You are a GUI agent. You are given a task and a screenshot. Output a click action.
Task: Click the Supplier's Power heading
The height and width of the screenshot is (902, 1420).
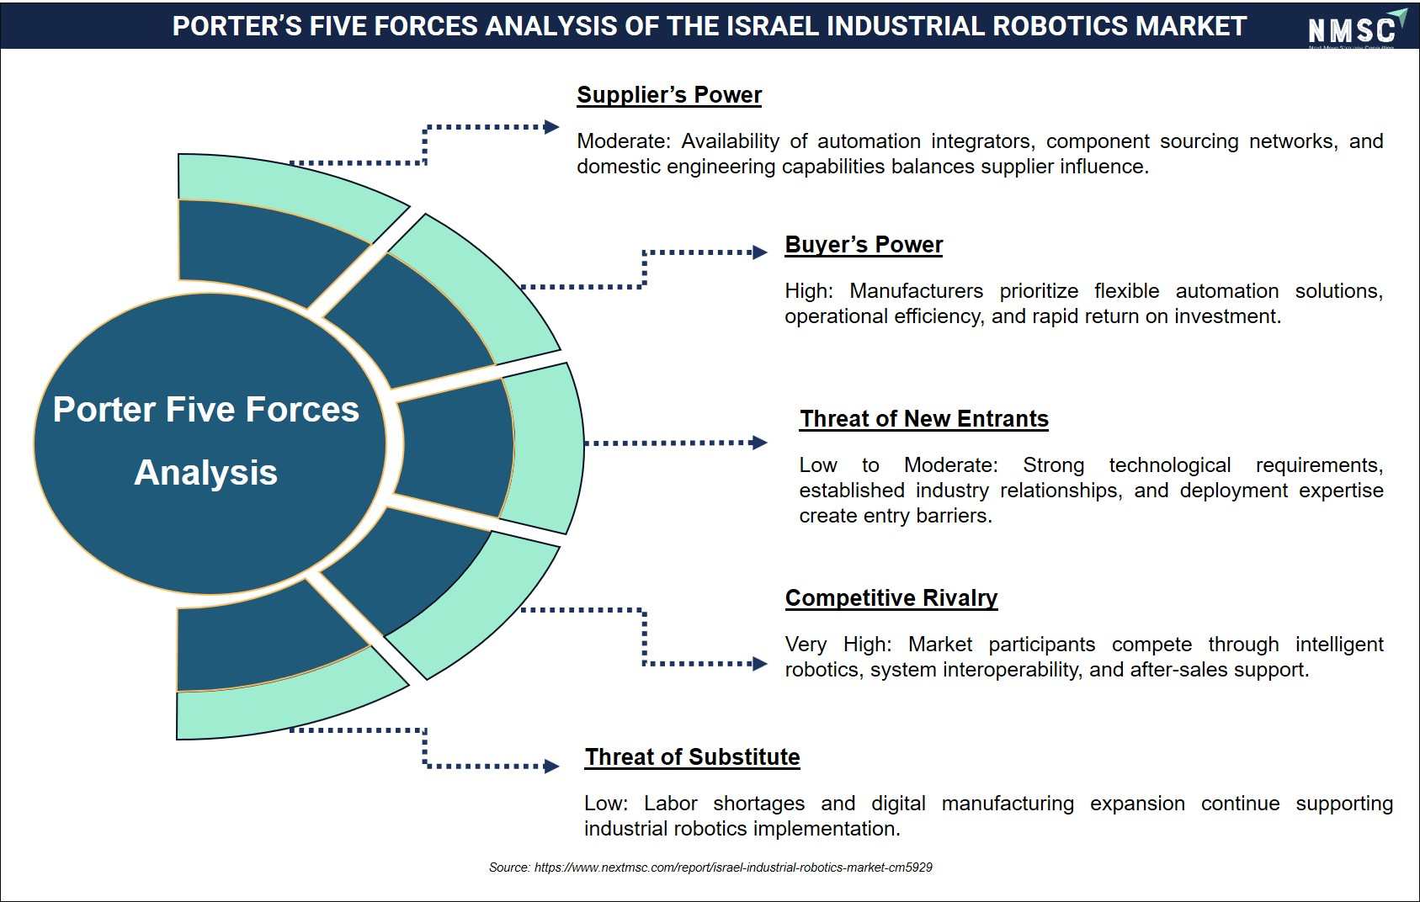click(x=669, y=95)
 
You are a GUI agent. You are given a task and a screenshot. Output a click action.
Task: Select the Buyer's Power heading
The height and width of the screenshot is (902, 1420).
click(x=864, y=245)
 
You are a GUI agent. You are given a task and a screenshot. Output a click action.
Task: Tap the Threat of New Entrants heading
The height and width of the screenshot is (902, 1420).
click(x=923, y=419)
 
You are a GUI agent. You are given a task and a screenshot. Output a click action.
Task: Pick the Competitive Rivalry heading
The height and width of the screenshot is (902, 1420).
click(x=891, y=597)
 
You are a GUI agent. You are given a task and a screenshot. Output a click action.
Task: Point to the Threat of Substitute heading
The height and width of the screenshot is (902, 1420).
click(x=692, y=756)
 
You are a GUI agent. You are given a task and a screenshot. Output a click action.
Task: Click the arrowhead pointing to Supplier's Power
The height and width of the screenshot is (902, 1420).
click(x=551, y=127)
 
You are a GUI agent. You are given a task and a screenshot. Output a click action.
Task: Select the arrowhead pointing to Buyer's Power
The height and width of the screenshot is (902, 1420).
click(x=760, y=252)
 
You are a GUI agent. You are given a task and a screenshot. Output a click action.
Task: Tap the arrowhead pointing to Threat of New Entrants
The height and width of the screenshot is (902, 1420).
click(x=759, y=443)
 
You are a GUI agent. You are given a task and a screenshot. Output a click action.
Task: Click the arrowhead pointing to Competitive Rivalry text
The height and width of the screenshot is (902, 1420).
click(x=760, y=664)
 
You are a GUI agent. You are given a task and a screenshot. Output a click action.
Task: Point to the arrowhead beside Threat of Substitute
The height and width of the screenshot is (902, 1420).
click(x=551, y=767)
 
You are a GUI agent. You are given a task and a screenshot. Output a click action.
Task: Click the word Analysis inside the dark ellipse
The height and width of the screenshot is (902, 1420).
click(x=206, y=473)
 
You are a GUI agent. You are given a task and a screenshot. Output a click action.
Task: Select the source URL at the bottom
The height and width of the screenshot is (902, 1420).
click(x=733, y=868)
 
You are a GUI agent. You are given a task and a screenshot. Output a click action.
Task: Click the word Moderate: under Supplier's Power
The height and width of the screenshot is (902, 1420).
click(x=624, y=141)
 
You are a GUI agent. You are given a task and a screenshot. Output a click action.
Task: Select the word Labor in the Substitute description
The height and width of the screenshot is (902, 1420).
click(x=671, y=803)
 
